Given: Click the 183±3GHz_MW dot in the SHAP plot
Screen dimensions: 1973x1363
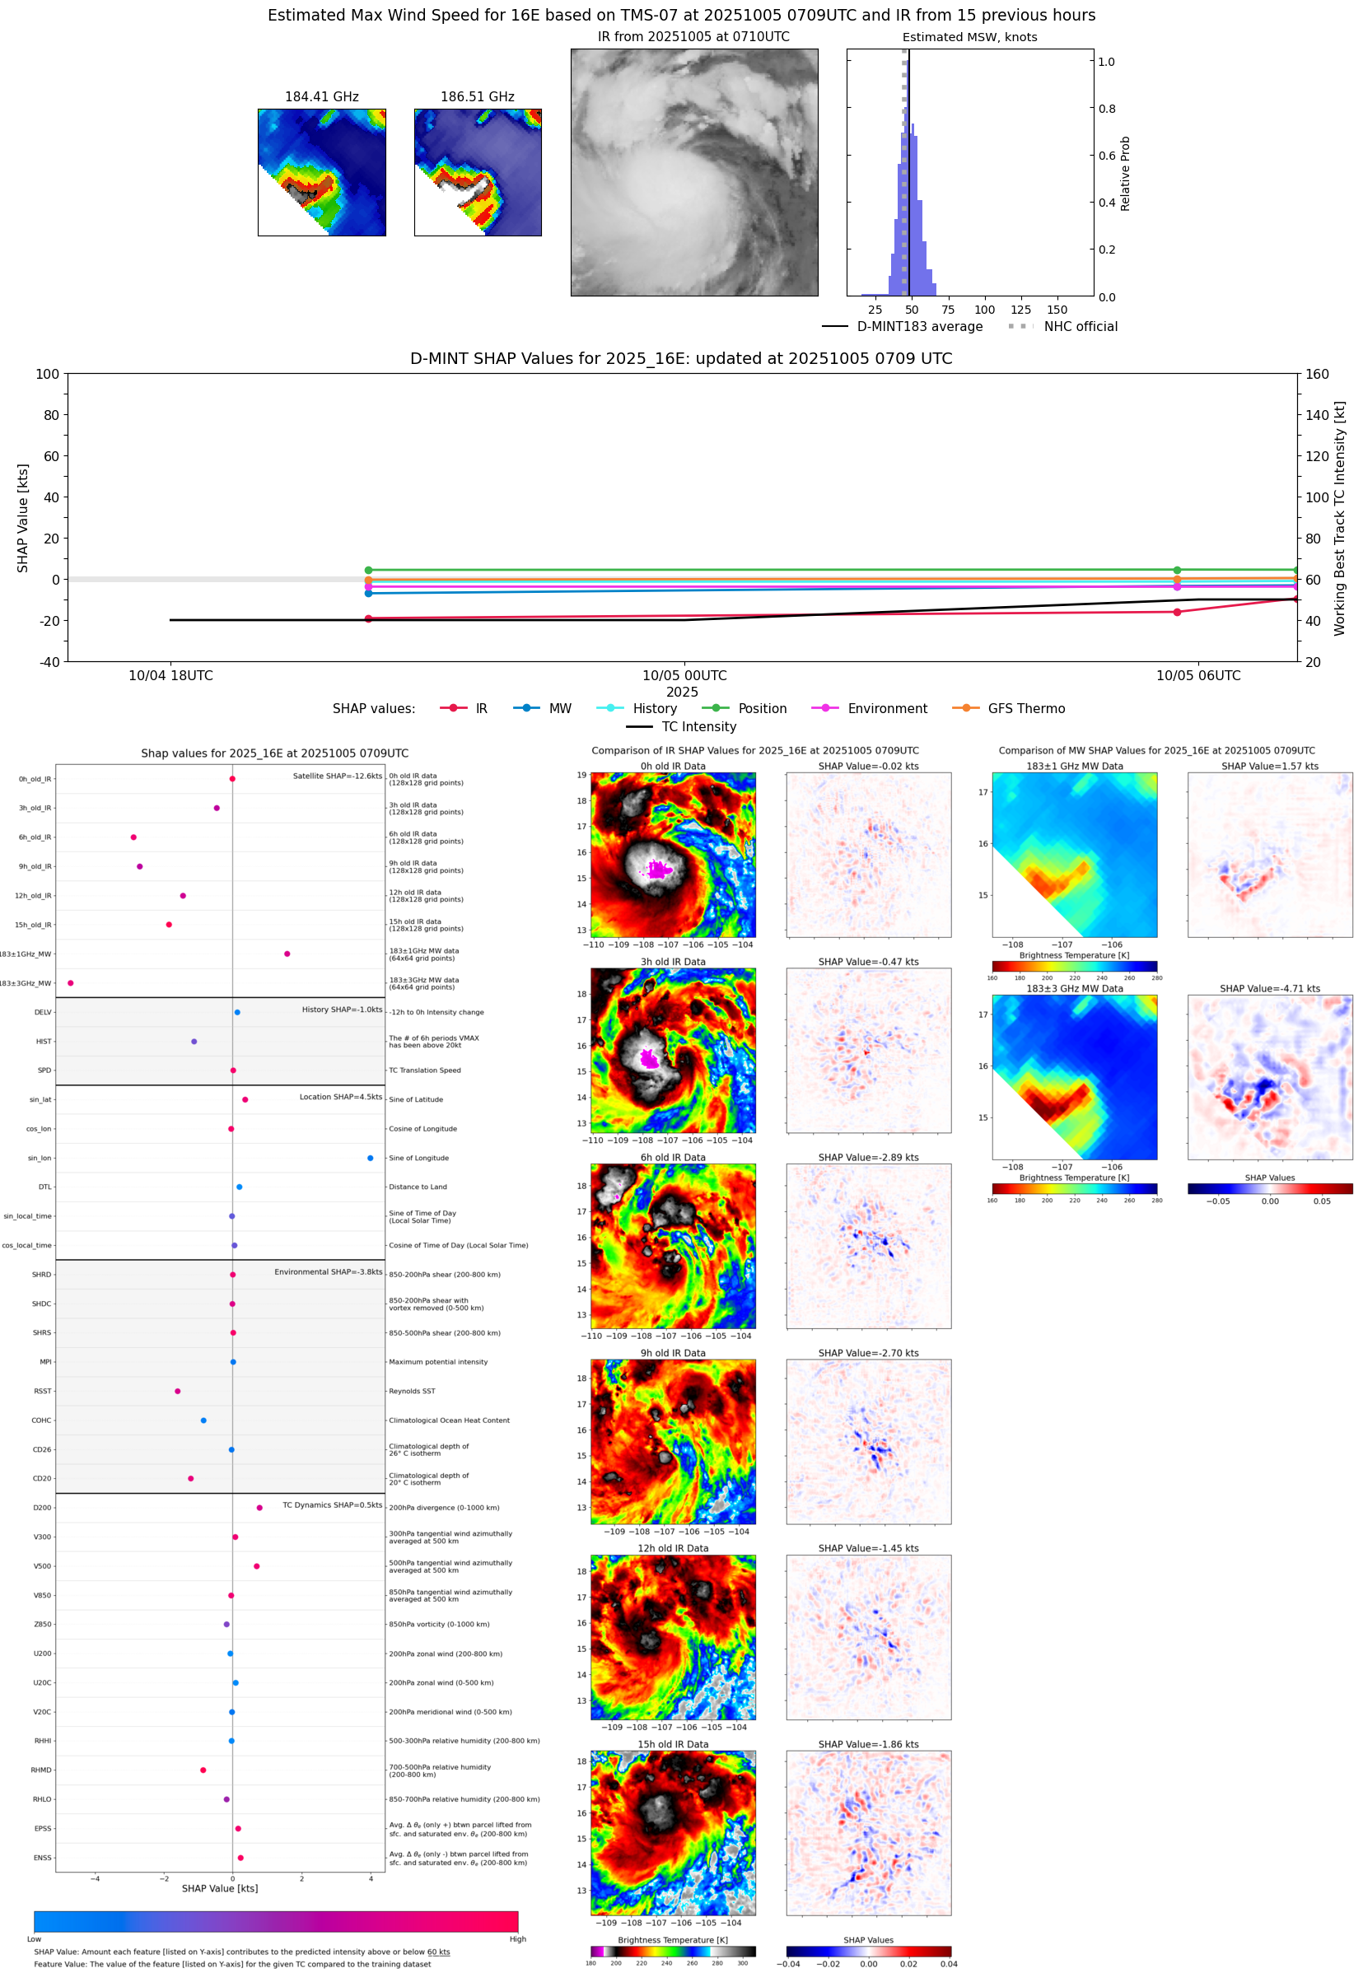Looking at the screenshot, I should click(x=70, y=982).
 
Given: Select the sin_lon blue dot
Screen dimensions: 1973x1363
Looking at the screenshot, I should click(x=370, y=1158).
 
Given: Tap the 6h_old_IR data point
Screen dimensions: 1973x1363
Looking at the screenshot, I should click(x=133, y=837).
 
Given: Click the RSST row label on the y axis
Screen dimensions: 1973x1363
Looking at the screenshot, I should click(x=43, y=1391).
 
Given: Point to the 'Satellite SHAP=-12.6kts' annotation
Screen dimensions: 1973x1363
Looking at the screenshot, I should click(x=338, y=776).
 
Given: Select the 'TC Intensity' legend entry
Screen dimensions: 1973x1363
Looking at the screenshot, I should click(x=698, y=726).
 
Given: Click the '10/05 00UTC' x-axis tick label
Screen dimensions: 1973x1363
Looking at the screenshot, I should click(x=684, y=675).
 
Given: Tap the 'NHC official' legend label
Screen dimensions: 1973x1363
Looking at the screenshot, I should click(x=1081, y=326).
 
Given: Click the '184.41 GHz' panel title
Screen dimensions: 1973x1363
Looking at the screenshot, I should click(x=321, y=96).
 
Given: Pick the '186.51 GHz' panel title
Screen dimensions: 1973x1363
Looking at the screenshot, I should click(x=478, y=96).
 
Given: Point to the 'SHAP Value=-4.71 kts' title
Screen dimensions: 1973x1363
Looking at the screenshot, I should click(x=1269, y=988).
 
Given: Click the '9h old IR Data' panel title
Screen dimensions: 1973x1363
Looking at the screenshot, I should click(x=673, y=1352).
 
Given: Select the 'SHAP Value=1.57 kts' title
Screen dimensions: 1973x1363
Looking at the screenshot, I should click(x=1269, y=766).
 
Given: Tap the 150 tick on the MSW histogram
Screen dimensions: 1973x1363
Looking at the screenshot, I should click(x=1057, y=310).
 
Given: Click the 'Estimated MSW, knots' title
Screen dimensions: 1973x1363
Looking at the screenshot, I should click(x=969, y=37).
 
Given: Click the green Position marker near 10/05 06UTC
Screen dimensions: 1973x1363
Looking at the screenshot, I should click(x=1177, y=570).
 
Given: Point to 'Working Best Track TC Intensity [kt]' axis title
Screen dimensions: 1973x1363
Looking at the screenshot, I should click(x=1339, y=517).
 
